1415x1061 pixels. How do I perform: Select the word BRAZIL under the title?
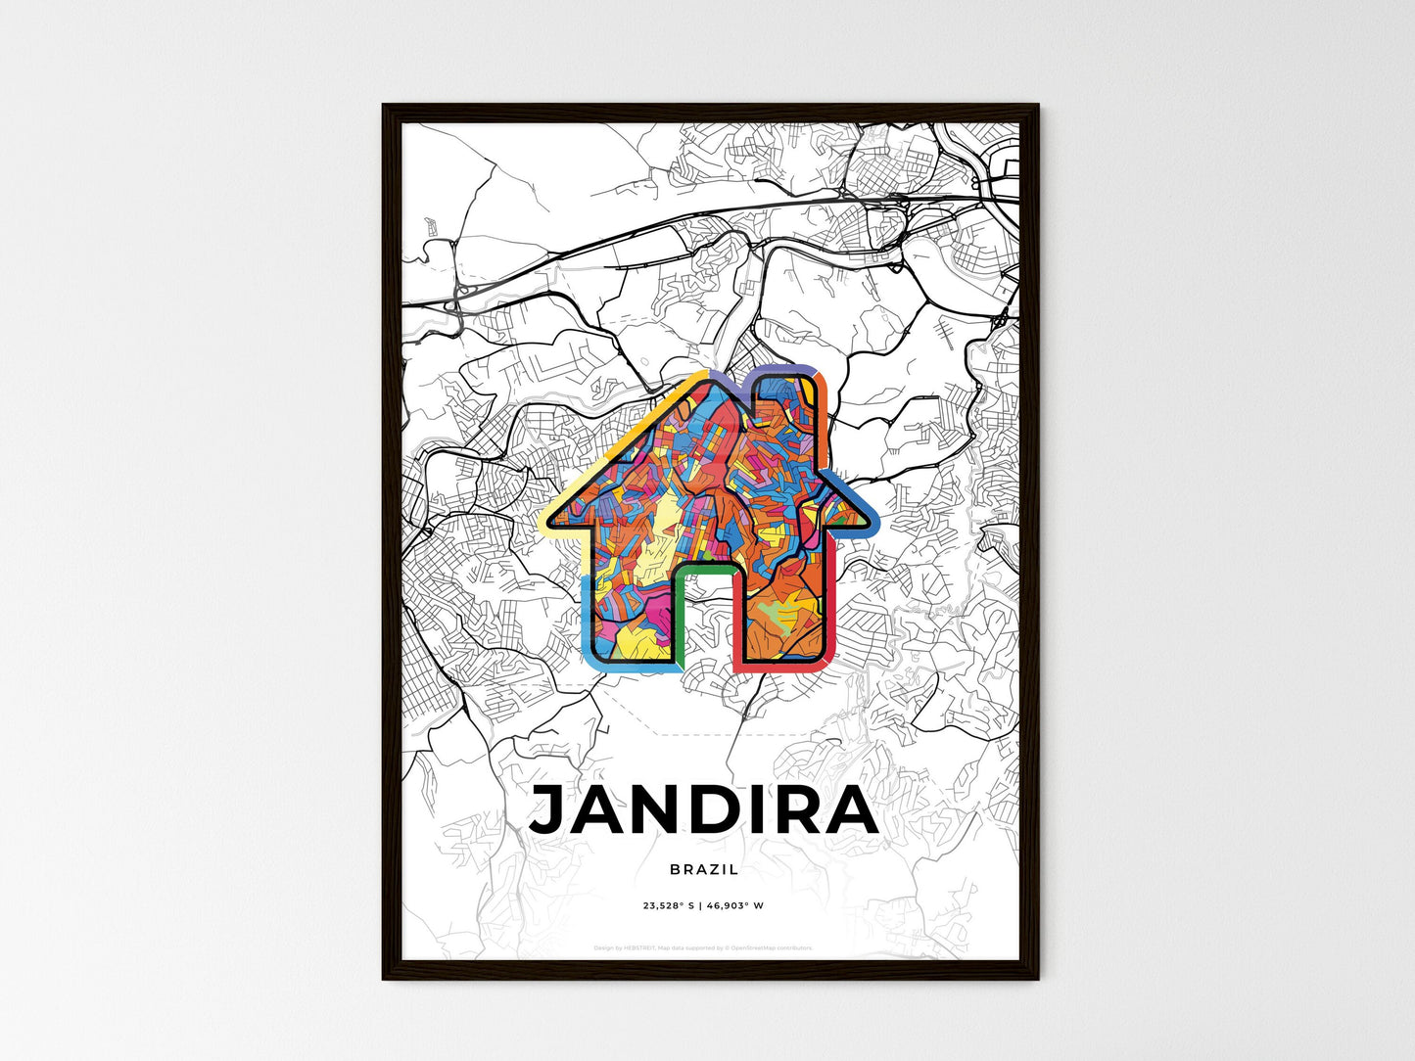pyautogui.click(x=704, y=869)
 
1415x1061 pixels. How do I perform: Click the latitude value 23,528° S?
pyautogui.click(x=669, y=905)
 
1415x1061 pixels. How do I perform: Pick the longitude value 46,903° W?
pyautogui.click(x=734, y=905)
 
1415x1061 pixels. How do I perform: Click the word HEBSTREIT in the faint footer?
pyautogui.click(x=639, y=947)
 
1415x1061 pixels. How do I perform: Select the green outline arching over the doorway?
pyautogui.click(x=705, y=566)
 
